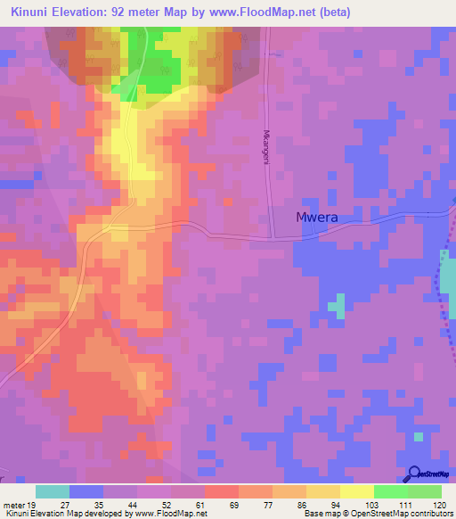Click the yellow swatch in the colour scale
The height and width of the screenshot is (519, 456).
coord(356,491)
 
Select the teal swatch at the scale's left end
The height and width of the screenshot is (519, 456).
coord(53,491)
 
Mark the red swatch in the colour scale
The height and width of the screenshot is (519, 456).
coord(221,491)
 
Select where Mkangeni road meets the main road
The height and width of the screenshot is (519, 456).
coord(274,237)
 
